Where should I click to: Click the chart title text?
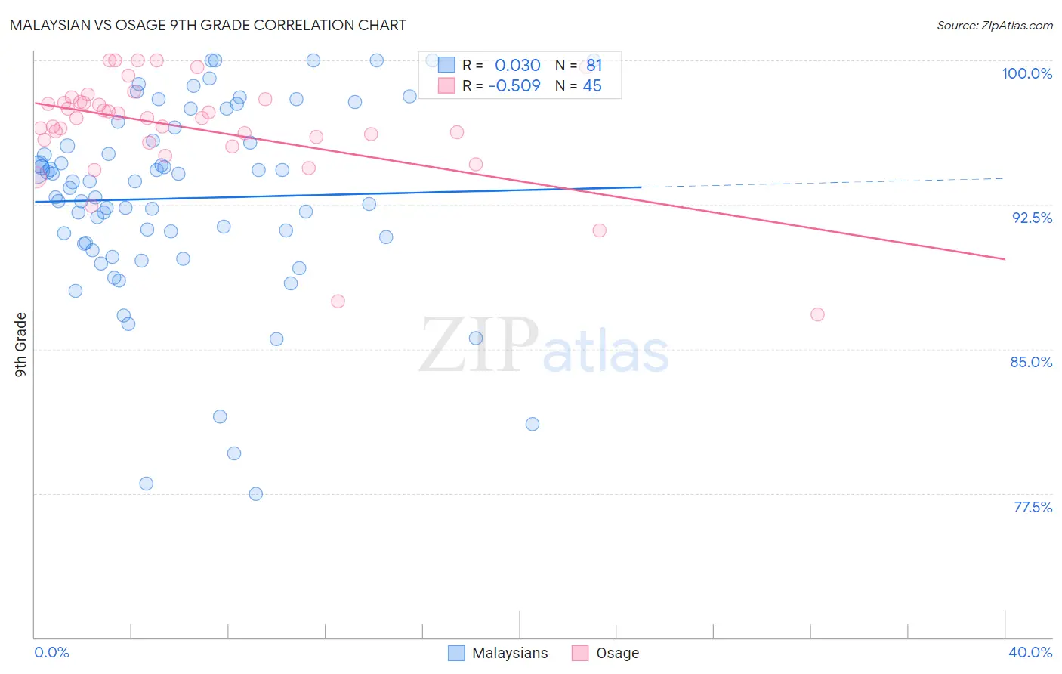(208, 25)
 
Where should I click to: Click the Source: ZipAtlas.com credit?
(994, 25)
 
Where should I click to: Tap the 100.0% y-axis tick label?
(1026, 73)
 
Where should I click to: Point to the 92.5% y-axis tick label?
(1032, 218)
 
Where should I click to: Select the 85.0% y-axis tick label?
(1031, 362)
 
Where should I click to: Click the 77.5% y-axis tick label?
(1033, 507)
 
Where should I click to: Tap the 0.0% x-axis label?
(51, 652)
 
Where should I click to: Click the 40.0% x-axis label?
(1030, 652)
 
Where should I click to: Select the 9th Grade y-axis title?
(20, 344)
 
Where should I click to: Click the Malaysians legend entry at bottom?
(499, 653)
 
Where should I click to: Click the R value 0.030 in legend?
(517, 66)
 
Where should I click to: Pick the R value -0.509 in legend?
(514, 86)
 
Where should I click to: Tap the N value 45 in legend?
(592, 86)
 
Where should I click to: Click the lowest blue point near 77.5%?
(256, 494)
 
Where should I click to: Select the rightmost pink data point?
(817, 314)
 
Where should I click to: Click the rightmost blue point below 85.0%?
(533, 424)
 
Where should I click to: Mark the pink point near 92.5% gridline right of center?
(600, 230)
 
